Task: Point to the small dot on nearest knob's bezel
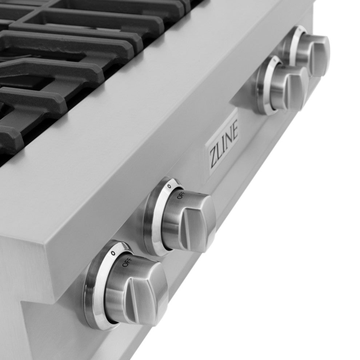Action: pos(113,253)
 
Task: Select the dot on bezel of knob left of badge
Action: pos(169,186)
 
